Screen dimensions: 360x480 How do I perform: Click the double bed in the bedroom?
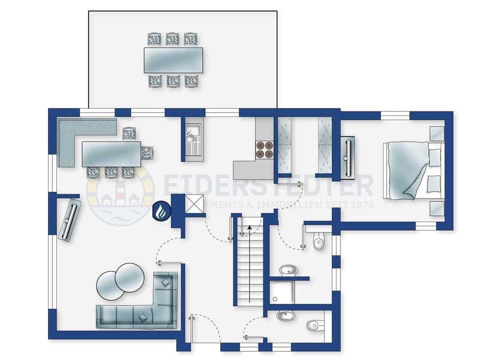[409, 170]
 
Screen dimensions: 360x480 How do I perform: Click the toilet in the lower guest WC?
[314, 325]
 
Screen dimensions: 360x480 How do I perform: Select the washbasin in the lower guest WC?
[286, 316]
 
